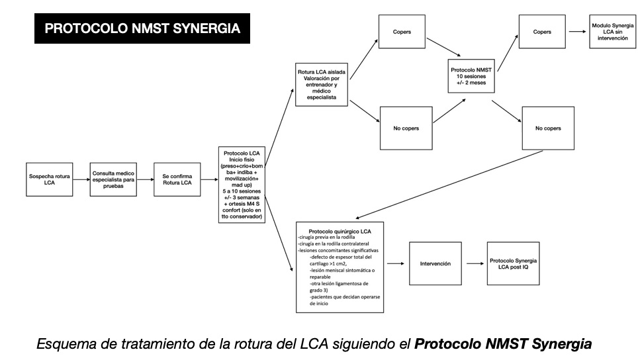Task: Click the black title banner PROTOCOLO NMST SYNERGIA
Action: pos(142,29)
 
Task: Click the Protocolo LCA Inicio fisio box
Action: pos(242,185)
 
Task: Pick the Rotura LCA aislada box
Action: pos(322,83)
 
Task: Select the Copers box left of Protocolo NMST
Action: pos(402,32)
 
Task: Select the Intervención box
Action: pos(435,263)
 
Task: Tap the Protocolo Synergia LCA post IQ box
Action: pos(513,263)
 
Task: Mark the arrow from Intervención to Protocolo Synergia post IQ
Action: pos(475,263)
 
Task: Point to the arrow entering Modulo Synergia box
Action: pos(578,32)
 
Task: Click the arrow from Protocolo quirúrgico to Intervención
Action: pos(396,263)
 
